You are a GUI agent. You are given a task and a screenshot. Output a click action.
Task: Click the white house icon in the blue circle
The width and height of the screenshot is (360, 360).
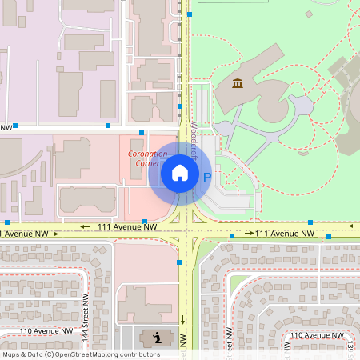179,173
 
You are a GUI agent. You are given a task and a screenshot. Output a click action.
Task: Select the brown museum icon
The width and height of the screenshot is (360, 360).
238,83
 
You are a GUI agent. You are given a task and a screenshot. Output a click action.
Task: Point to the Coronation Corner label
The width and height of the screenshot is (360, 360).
148,158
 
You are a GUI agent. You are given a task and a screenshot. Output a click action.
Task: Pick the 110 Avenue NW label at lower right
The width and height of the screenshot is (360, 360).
318,334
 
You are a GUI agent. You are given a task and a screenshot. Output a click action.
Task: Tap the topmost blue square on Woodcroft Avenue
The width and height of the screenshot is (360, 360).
189,14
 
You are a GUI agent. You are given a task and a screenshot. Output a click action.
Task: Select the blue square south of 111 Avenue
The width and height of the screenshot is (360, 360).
179,262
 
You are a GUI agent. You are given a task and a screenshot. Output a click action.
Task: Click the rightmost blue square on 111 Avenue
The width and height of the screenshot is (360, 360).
329,237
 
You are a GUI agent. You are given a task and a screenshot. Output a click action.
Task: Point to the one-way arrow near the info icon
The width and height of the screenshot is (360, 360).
182,319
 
